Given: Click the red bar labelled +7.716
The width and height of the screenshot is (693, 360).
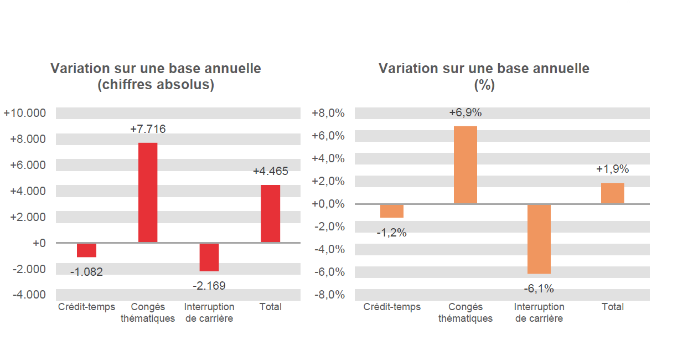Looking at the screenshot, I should click(148, 192).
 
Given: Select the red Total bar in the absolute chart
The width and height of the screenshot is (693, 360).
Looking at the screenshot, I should click(270, 213).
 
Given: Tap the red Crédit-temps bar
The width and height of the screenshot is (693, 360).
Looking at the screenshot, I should click(86, 250).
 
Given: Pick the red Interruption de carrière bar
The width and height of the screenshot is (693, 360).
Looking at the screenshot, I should click(209, 257).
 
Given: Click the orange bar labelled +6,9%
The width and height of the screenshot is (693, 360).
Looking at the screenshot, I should click(465, 165).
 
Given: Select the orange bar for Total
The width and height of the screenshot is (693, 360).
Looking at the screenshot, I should click(612, 193).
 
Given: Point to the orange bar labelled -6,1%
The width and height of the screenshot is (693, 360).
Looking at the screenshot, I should click(539, 239).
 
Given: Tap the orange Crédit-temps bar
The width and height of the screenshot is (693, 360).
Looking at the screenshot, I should click(391, 211).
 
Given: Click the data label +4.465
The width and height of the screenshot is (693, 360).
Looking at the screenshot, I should click(270, 171).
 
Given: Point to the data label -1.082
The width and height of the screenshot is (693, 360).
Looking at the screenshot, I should click(86, 272).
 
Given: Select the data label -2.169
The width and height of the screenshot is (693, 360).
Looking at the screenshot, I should click(209, 286).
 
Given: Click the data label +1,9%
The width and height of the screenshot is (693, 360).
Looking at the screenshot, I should click(612, 169).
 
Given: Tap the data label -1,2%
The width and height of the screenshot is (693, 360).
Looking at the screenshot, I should click(391, 233).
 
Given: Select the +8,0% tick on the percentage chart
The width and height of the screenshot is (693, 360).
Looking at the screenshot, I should click(328, 113).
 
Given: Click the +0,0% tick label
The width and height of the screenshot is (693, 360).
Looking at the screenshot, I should click(328, 204).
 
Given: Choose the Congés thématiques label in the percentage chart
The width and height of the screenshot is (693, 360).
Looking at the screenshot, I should click(465, 312).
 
